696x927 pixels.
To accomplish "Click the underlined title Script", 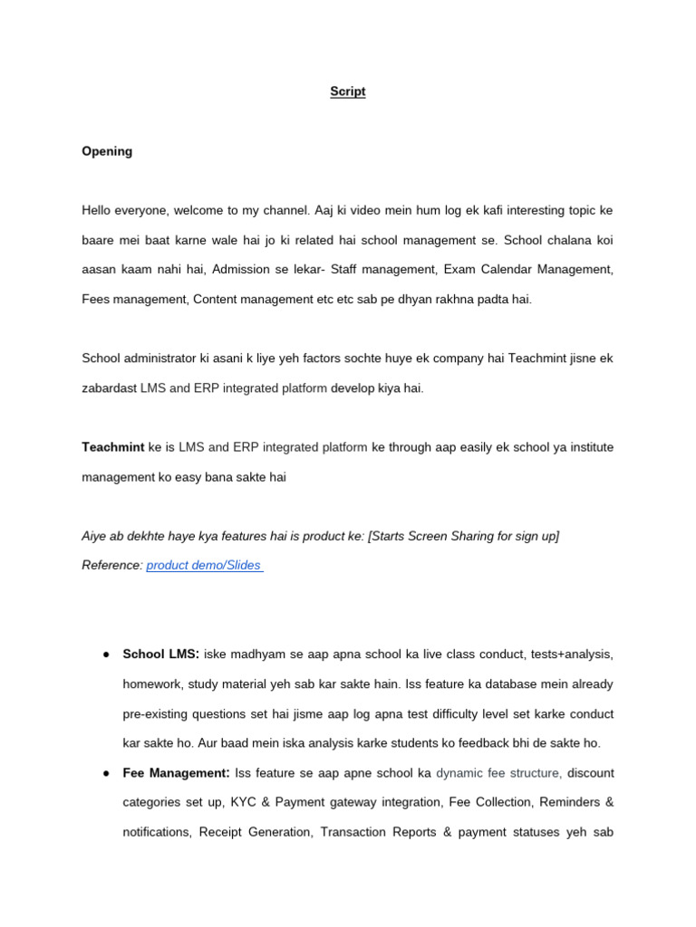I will click(348, 92).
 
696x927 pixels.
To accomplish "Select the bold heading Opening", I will click(107, 151).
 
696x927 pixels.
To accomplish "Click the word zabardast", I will click(109, 388).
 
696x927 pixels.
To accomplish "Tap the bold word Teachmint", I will click(113, 447).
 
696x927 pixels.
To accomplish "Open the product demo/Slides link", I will click(204, 566).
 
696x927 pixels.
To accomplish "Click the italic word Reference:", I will click(112, 566).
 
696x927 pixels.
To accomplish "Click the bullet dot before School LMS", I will click(107, 655).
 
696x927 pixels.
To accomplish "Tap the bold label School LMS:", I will click(160, 655).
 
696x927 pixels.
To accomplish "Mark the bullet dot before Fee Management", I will click(107, 774).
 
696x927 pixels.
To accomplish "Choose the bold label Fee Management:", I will click(177, 774).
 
